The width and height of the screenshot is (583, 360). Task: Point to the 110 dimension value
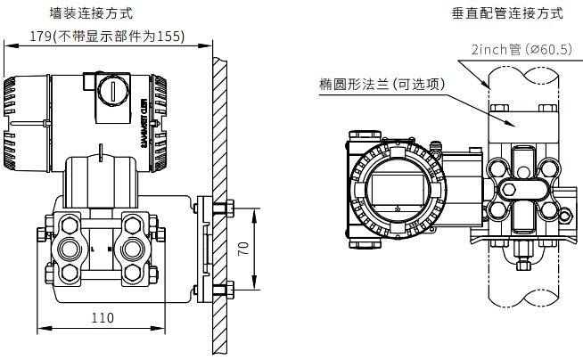pyautogui.click(x=103, y=317)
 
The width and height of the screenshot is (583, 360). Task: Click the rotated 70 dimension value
pyautogui.click(x=242, y=249)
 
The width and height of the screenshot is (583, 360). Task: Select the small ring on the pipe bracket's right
pyautogui.click(x=562, y=213)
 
